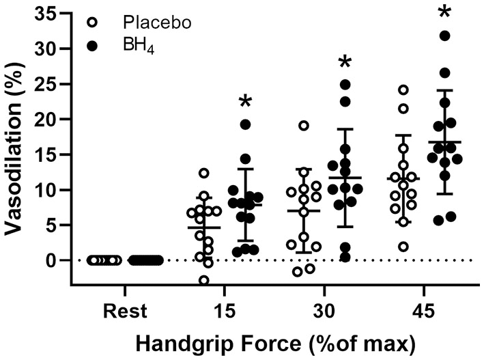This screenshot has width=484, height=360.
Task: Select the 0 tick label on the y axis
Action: [55, 260]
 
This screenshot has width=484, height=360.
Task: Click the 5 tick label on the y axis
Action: [55, 225]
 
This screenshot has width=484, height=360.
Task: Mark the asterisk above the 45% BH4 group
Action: [444, 12]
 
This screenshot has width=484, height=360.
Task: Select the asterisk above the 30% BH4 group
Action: [345, 63]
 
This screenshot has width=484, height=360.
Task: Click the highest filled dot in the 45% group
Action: [444, 36]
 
